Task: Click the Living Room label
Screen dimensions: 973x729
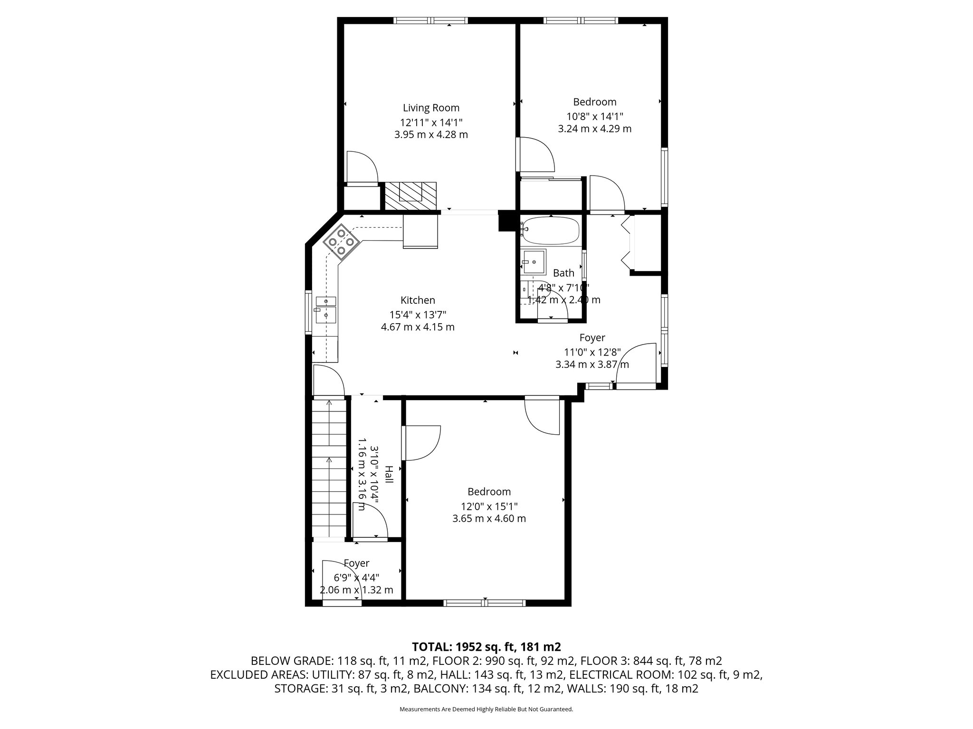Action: coord(431,108)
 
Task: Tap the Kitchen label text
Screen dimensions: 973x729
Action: coord(418,300)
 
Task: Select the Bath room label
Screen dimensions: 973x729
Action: coord(563,273)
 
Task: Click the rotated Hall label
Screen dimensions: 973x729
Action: coord(389,475)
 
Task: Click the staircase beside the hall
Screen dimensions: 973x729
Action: coord(329,468)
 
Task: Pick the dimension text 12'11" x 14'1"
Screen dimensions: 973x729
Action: coord(431,122)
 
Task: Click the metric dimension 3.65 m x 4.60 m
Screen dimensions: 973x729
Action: coord(489,519)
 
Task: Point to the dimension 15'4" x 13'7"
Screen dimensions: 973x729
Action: coord(418,314)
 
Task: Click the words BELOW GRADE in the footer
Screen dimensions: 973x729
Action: coord(292,661)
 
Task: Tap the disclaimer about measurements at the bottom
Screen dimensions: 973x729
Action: coord(486,709)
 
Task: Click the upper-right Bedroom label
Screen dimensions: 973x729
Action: coord(595,102)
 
